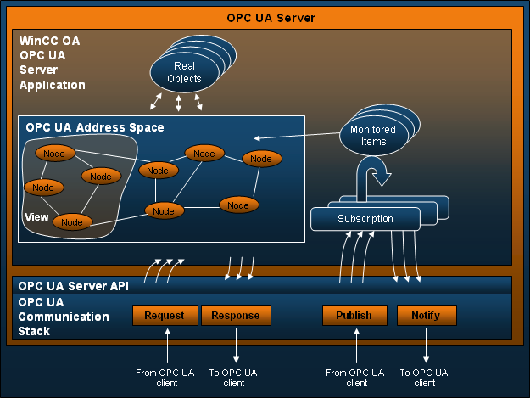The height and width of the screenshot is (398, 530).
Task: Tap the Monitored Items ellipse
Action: tap(372, 136)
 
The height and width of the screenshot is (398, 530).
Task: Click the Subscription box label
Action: tap(365, 219)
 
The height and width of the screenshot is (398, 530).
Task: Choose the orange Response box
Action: tap(235, 316)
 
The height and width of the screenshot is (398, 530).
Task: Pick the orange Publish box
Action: tap(354, 316)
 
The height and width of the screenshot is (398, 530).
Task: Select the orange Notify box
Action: tap(426, 316)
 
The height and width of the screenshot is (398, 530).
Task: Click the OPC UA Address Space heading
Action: tap(95, 127)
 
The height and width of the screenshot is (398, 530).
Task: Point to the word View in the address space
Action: tap(36, 217)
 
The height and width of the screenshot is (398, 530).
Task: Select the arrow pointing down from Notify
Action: tap(426, 345)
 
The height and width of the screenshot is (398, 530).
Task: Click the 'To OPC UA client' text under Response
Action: tap(234, 378)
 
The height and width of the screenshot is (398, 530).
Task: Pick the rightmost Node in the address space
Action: tap(261, 159)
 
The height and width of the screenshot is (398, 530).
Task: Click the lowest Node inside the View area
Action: tap(73, 222)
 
